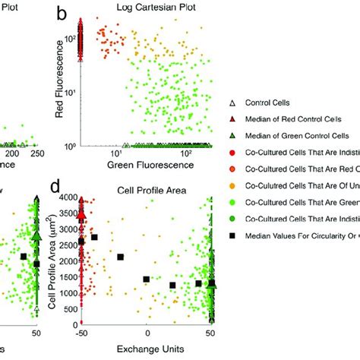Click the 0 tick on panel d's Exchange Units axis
146,333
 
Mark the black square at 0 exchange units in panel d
147,279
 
